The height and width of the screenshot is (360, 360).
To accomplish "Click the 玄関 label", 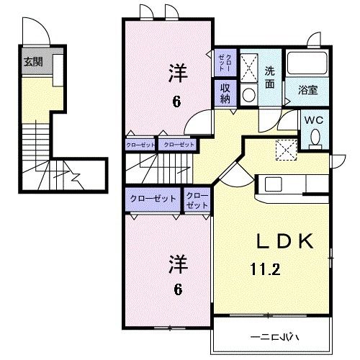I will pos(32,62).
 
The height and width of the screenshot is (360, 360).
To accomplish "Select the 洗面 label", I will pos(269,78).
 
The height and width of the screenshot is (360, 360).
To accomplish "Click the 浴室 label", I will pos(310,91).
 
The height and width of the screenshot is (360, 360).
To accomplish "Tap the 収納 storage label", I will pos(225,93).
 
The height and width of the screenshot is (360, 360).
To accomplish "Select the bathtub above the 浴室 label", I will pos(309,65).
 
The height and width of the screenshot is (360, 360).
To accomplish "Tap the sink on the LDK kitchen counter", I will pos(274,184).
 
